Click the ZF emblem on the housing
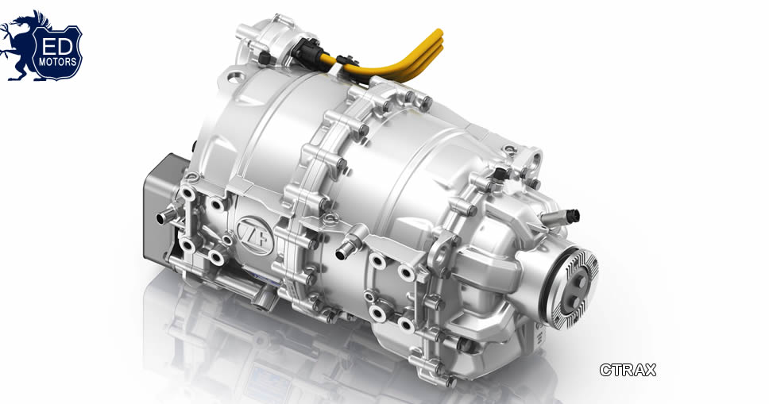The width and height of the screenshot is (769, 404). click(x=254, y=237)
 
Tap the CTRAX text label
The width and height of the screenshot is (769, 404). click(x=628, y=370)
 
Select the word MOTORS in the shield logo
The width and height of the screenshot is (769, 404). click(x=58, y=62)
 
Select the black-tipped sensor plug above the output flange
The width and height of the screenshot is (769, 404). click(x=572, y=216)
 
